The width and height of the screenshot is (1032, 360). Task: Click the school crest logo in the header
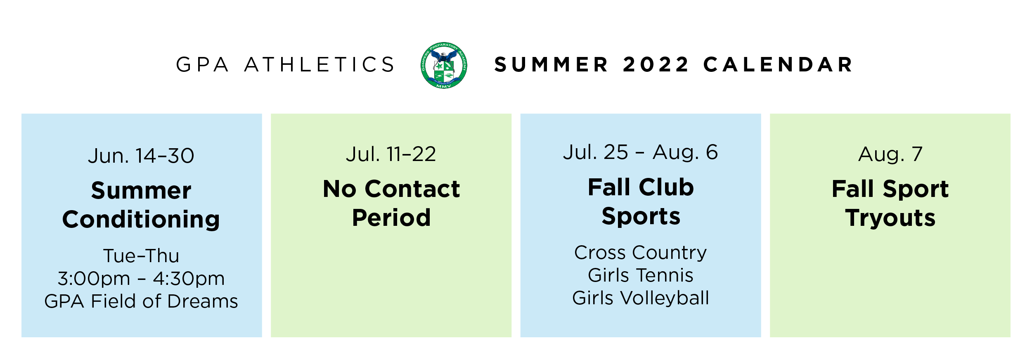click(x=444, y=65)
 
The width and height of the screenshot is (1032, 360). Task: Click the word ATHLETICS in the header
click(x=320, y=65)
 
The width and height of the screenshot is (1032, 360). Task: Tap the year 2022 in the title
click(x=656, y=65)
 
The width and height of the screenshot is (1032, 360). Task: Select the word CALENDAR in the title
click(x=778, y=65)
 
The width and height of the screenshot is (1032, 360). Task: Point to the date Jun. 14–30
click(x=141, y=156)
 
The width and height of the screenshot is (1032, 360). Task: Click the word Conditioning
click(x=141, y=220)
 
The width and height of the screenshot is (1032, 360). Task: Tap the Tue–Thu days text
click(x=141, y=256)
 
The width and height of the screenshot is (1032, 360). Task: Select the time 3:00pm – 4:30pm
click(x=141, y=279)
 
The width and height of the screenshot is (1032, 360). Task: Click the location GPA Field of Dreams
click(x=141, y=301)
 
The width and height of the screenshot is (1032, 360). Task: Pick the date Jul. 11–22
click(x=391, y=154)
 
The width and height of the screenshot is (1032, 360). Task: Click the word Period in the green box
click(x=391, y=218)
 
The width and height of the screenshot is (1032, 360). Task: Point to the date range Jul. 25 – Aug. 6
click(x=641, y=152)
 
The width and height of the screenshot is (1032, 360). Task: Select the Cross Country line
click(x=641, y=253)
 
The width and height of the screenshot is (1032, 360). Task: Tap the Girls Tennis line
click(x=641, y=275)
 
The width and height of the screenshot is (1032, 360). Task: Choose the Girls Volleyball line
click(x=641, y=298)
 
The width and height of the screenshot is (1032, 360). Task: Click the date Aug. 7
click(x=890, y=154)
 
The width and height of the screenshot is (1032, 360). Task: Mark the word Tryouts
click(x=890, y=218)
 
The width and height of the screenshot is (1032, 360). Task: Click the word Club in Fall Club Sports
click(x=666, y=187)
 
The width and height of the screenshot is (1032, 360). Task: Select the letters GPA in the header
click(x=202, y=65)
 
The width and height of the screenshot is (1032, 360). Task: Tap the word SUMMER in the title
click(x=551, y=65)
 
